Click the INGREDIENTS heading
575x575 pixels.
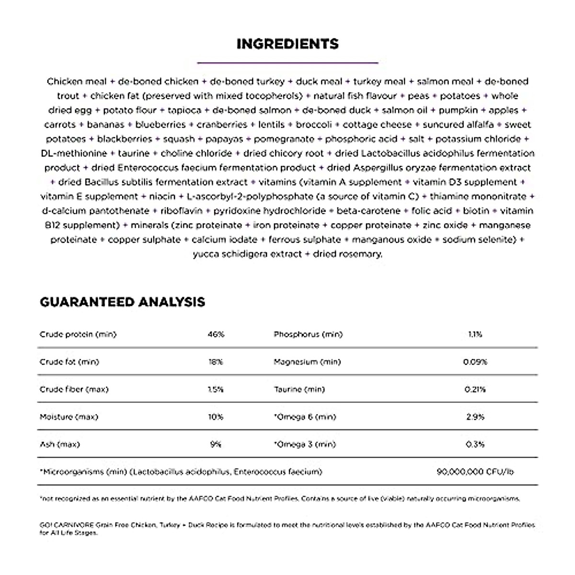[287, 44]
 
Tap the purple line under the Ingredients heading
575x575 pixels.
[287, 62]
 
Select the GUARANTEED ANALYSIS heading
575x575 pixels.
[122, 302]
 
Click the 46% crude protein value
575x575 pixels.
[216, 334]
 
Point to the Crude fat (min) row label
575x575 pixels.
[69, 362]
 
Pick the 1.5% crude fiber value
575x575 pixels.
[216, 390]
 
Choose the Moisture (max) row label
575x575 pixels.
[69, 417]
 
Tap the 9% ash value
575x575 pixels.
[216, 444]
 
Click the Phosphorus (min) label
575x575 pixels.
[308, 334]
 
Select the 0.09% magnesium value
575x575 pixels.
[475, 362]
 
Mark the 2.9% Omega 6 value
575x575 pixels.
[475, 417]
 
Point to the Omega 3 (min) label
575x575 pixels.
[305, 444]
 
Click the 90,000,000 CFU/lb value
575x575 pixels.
[475, 472]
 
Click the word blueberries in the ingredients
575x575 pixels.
[160, 125]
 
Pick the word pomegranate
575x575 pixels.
[284, 139]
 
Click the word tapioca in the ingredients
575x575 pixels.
[184, 110]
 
